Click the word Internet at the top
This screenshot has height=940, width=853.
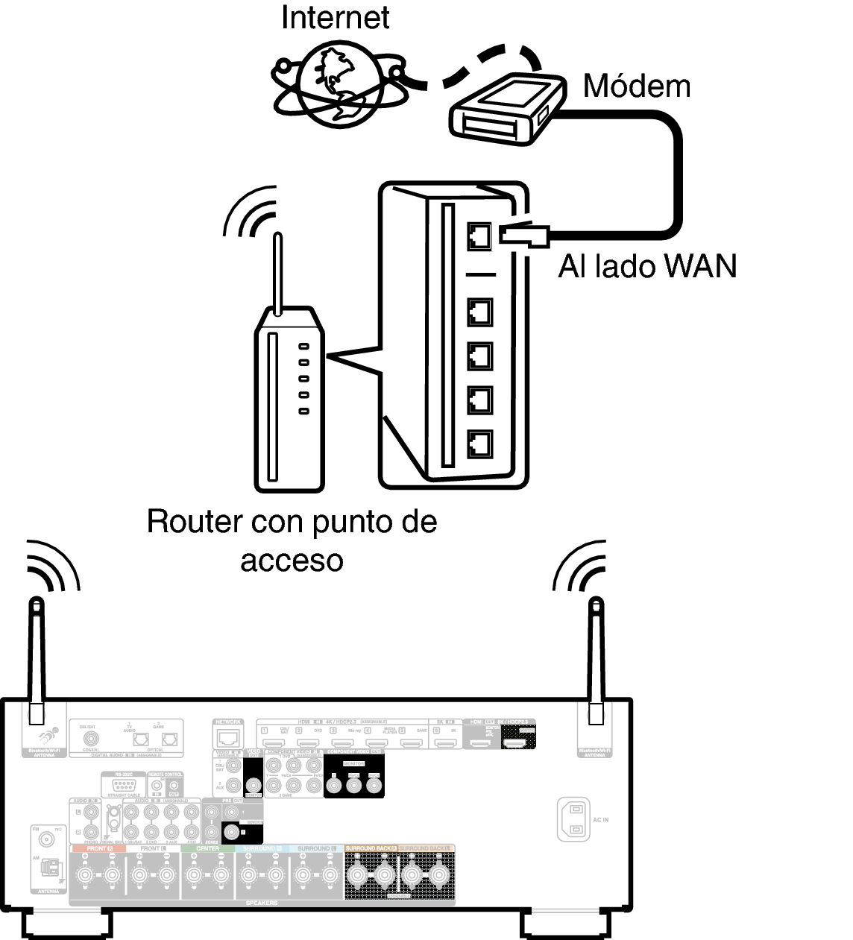coord(335,17)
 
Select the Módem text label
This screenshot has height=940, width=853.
coord(636,86)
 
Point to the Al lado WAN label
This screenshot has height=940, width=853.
coord(647,266)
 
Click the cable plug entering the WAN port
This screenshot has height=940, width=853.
coord(525,235)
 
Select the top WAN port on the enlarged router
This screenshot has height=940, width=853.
coord(479,236)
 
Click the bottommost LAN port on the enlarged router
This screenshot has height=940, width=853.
coord(479,444)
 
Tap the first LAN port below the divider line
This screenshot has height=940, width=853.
coord(479,311)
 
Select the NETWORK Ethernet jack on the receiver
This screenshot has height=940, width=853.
coord(227,739)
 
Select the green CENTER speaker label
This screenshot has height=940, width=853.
coord(207,849)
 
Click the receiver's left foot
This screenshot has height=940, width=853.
coord(67,924)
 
